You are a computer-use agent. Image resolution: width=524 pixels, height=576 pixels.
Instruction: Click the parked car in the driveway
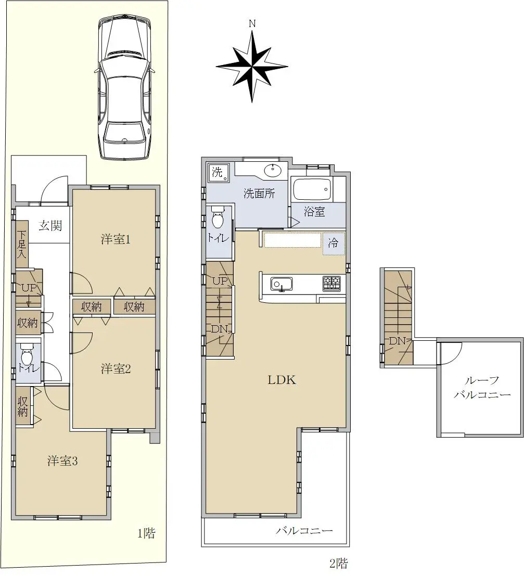(x=125, y=88)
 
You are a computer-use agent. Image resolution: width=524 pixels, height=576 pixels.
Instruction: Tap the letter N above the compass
(x=252, y=24)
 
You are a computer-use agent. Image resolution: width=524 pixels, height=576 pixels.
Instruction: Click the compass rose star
(x=252, y=67)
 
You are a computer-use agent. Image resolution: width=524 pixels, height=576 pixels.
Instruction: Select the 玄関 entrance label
(x=50, y=225)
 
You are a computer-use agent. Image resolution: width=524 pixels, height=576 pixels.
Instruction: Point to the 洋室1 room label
(x=116, y=239)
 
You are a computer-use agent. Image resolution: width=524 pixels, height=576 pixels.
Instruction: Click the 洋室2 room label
(x=116, y=368)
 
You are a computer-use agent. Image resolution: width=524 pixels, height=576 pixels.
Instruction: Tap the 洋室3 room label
(x=62, y=460)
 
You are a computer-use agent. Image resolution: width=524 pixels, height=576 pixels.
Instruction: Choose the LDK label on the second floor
(x=282, y=380)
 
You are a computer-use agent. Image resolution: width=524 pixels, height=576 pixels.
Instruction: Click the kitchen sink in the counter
(x=282, y=284)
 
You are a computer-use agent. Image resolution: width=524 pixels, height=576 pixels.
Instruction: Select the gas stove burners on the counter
(x=331, y=283)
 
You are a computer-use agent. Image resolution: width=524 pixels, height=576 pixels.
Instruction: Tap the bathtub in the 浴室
(x=312, y=189)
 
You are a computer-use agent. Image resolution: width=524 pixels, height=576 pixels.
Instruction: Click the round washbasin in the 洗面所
(x=272, y=170)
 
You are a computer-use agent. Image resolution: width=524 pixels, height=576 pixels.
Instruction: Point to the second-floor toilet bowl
(x=218, y=217)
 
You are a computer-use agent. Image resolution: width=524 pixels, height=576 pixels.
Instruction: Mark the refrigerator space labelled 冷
(x=334, y=244)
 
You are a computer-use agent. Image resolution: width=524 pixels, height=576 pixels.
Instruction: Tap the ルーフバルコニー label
(x=482, y=388)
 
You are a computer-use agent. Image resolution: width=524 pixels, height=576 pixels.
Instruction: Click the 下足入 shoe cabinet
(x=22, y=244)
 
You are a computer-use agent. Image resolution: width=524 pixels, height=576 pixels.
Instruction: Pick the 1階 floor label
(x=146, y=533)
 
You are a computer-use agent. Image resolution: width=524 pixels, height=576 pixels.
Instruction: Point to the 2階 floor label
(x=338, y=563)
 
